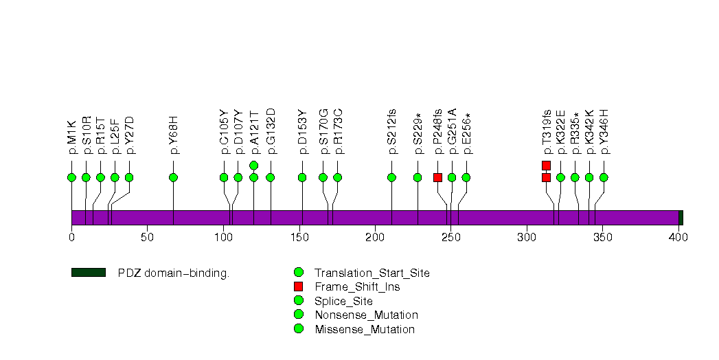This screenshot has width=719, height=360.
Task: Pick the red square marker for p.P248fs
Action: click(x=437, y=177)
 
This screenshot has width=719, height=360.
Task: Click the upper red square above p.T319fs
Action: click(x=546, y=165)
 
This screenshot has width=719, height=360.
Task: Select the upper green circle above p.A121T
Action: click(x=253, y=165)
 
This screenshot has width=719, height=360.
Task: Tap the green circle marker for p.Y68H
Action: click(x=173, y=177)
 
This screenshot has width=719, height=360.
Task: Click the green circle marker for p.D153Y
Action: click(x=302, y=177)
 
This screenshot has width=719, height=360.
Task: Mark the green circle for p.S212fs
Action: click(x=391, y=177)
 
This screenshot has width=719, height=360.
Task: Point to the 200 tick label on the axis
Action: click(x=375, y=238)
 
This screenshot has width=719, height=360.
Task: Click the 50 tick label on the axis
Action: click(x=147, y=238)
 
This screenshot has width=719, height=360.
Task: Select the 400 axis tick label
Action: click(x=678, y=238)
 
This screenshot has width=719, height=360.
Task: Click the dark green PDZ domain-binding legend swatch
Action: click(x=88, y=273)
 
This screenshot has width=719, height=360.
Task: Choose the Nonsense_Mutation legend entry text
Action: click(x=365, y=315)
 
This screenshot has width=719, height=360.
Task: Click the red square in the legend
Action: click(x=298, y=286)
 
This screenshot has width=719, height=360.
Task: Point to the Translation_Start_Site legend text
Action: click(x=372, y=273)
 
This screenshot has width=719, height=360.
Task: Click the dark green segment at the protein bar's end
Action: click(x=681, y=217)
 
